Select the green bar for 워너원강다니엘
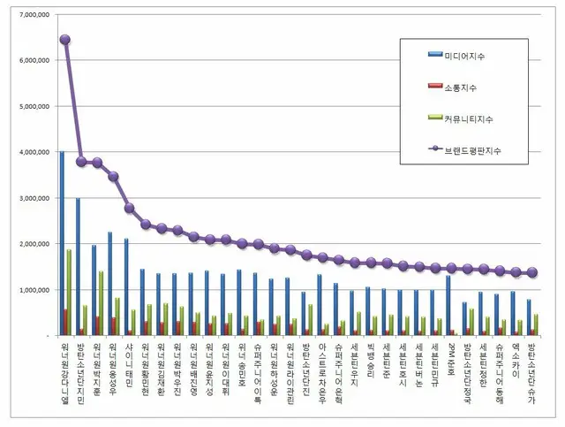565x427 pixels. (70, 292)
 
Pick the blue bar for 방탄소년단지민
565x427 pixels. (78, 266)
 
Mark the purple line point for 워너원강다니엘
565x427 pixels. (65, 40)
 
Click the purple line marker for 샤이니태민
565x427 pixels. (130, 208)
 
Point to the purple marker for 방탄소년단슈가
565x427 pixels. (531, 273)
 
